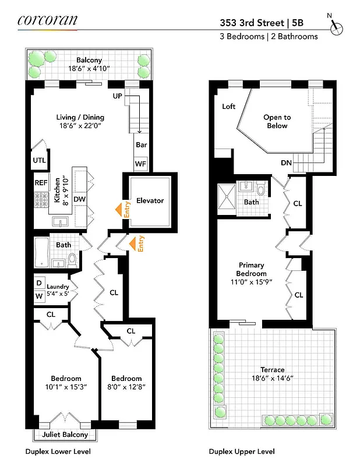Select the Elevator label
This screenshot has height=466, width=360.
coord(150,201)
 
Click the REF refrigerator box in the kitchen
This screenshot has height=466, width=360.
coord(41,182)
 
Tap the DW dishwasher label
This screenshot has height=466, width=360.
coord(79,199)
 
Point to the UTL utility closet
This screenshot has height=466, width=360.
coord(39,160)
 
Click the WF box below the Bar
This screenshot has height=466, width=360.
coord(140,164)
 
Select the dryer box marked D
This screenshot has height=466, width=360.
coord(39,283)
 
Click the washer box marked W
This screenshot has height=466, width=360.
coord(39,296)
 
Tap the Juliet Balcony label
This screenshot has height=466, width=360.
coord(65,435)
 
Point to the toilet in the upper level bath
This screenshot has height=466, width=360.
coord(261,190)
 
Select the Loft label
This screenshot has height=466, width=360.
coord(229,107)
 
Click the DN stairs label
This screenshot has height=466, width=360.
coord(286,163)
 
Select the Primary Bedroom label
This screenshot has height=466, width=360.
coord(252,270)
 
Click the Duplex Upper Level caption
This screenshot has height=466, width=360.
coord(242,451)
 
